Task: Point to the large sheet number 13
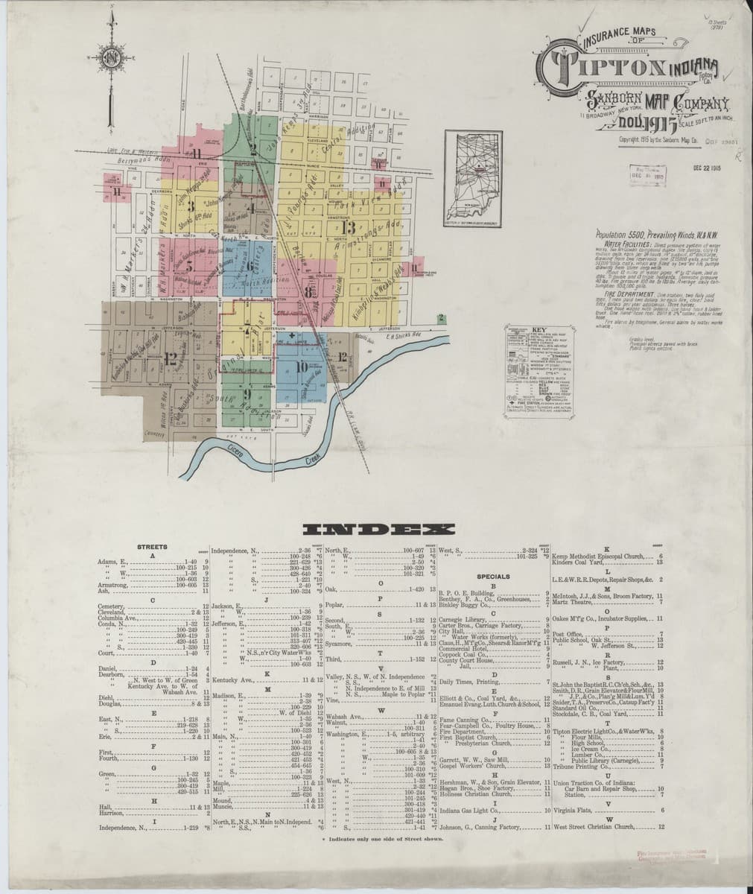click(x=347, y=226)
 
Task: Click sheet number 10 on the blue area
click(x=302, y=367)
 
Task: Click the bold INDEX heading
click(x=376, y=530)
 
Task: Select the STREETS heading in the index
click(x=152, y=548)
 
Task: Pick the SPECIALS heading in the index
click(x=489, y=577)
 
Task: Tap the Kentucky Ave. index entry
click(x=235, y=681)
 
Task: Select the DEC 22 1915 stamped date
click(x=708, y=168)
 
